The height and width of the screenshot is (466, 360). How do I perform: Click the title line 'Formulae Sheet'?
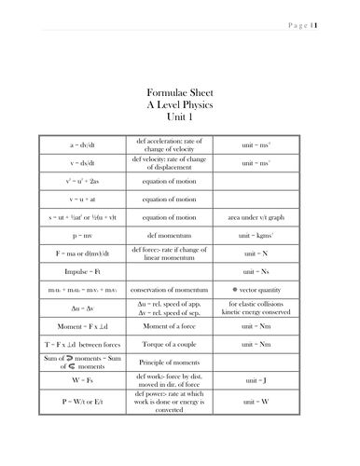coord(179,93)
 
